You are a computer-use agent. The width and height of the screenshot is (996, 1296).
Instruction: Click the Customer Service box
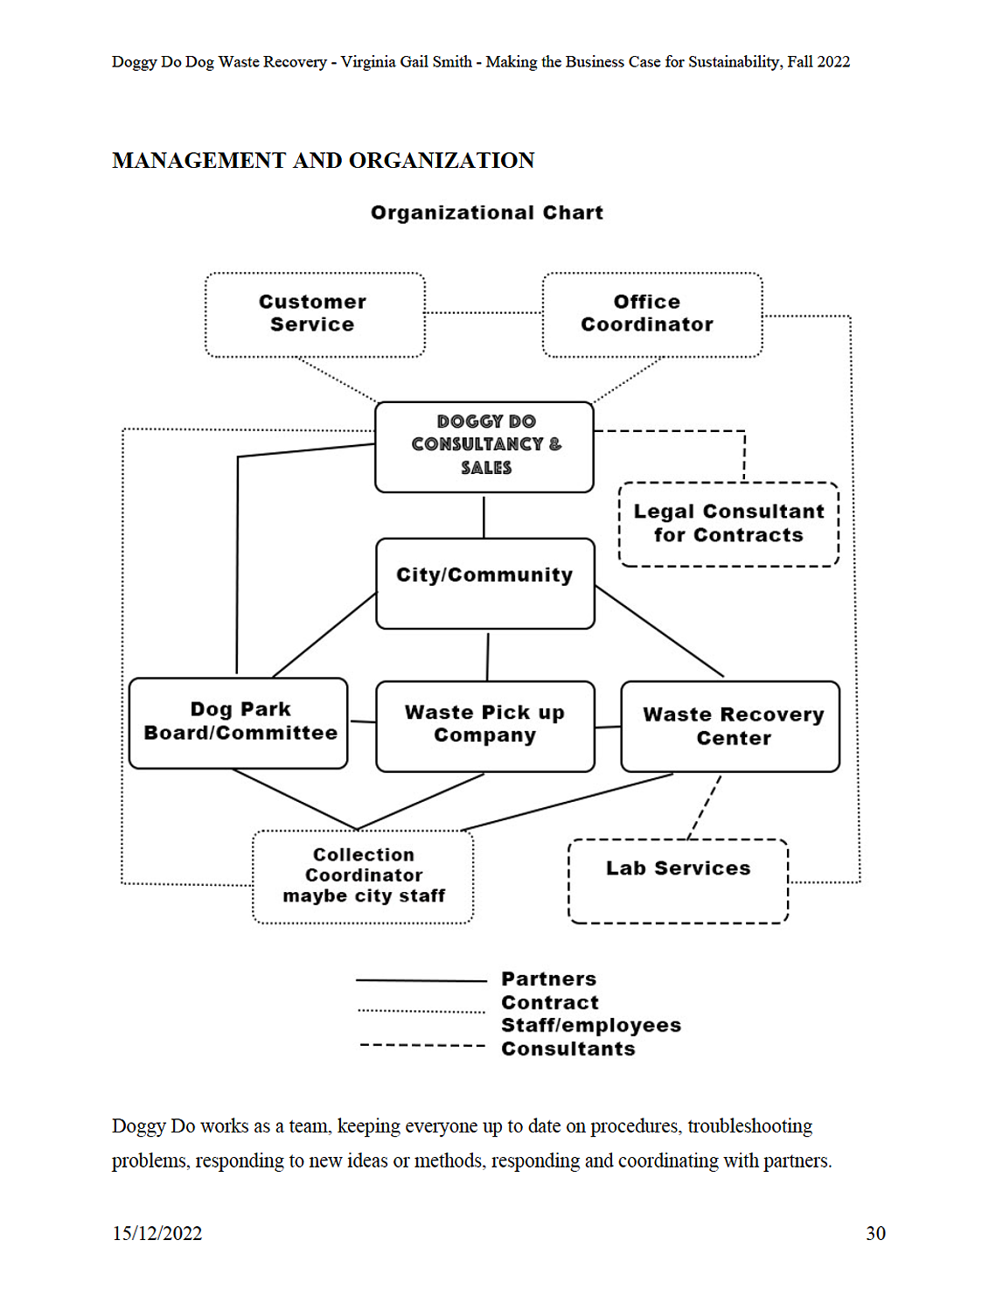coord(315,315)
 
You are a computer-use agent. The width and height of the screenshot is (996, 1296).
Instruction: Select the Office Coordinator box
coord(651,315)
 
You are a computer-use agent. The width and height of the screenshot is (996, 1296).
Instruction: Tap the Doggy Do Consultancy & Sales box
coord(484,447)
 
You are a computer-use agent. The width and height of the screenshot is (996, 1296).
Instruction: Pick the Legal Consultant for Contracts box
coord(728,524)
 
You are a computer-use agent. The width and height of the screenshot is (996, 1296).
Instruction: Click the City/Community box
coord(484,583)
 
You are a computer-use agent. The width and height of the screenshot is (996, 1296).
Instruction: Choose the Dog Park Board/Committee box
coord(238,723)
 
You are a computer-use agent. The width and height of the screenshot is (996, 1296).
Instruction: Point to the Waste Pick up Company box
coord(484,727)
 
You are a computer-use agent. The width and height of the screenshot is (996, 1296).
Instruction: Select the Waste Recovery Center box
coord(730,727)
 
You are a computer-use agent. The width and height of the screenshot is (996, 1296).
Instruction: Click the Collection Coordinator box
coord(363,877)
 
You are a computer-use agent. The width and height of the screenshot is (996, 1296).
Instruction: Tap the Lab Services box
coord(678,881)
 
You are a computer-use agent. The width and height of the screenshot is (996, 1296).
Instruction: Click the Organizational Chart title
coord(487,213)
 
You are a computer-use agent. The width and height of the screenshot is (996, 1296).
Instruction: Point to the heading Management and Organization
coord(324,160)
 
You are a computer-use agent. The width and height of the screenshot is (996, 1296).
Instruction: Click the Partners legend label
coord(548,979)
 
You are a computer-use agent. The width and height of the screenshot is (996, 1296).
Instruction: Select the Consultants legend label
coord(568,1049)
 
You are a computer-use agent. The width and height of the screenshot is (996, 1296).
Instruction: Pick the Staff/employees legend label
coord(591,1025)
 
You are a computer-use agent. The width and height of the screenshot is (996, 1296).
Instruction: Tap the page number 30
coord(875,1233)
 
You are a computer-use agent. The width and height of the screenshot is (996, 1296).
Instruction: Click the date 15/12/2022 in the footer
coord(157,1233)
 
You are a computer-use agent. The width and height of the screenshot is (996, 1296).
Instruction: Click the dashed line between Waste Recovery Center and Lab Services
coord(704,807)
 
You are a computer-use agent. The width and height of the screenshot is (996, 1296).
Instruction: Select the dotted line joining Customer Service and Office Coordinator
coord(484,312)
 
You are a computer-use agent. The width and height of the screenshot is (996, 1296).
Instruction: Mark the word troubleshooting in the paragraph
coord(749,1126)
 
